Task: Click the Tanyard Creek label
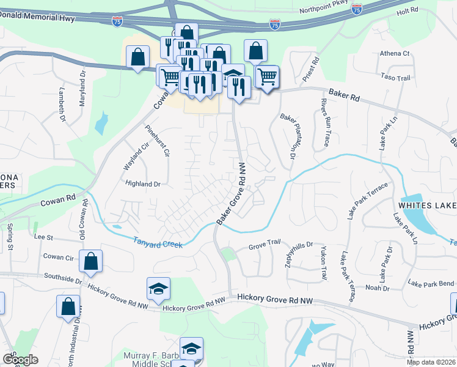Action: pos(158,243)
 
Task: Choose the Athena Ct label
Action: pos(395,54)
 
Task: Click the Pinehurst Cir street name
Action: pos(155,141)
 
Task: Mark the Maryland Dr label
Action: pos(82,87)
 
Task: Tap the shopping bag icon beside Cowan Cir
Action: pos(91,261)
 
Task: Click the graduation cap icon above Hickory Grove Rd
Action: pos(158,288)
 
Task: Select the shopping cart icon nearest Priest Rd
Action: pos(267,78)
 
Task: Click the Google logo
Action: pos(20,360)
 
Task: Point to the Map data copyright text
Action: pos(431,362)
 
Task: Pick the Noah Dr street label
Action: pos(377,287)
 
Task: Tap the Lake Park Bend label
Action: pos(431,284)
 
